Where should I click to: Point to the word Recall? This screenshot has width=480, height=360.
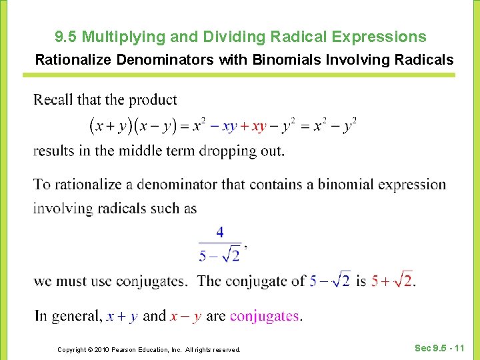53,100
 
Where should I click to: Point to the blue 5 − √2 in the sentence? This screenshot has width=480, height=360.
329,281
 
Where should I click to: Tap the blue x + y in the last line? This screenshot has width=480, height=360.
122,316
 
